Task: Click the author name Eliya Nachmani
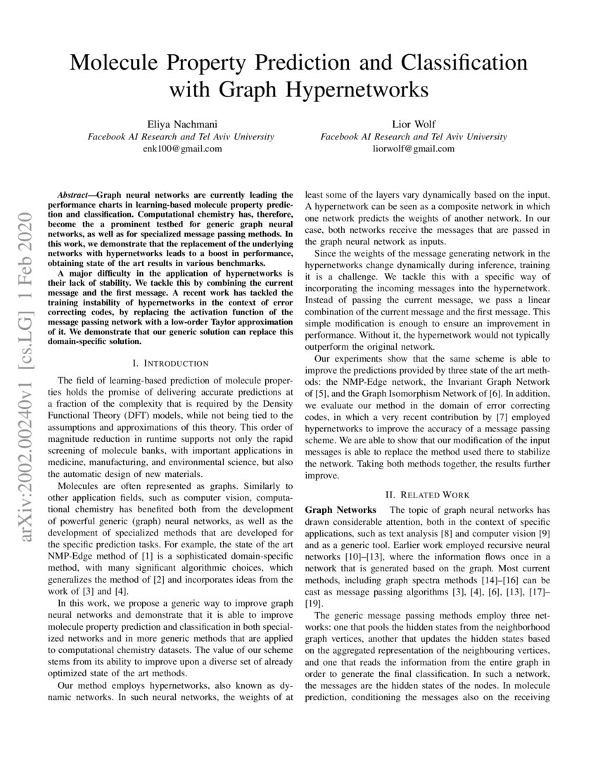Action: [181, 124]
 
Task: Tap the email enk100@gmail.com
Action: [181, 149]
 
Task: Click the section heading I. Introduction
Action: [171, 363]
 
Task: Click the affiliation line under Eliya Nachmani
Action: [181, 137]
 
